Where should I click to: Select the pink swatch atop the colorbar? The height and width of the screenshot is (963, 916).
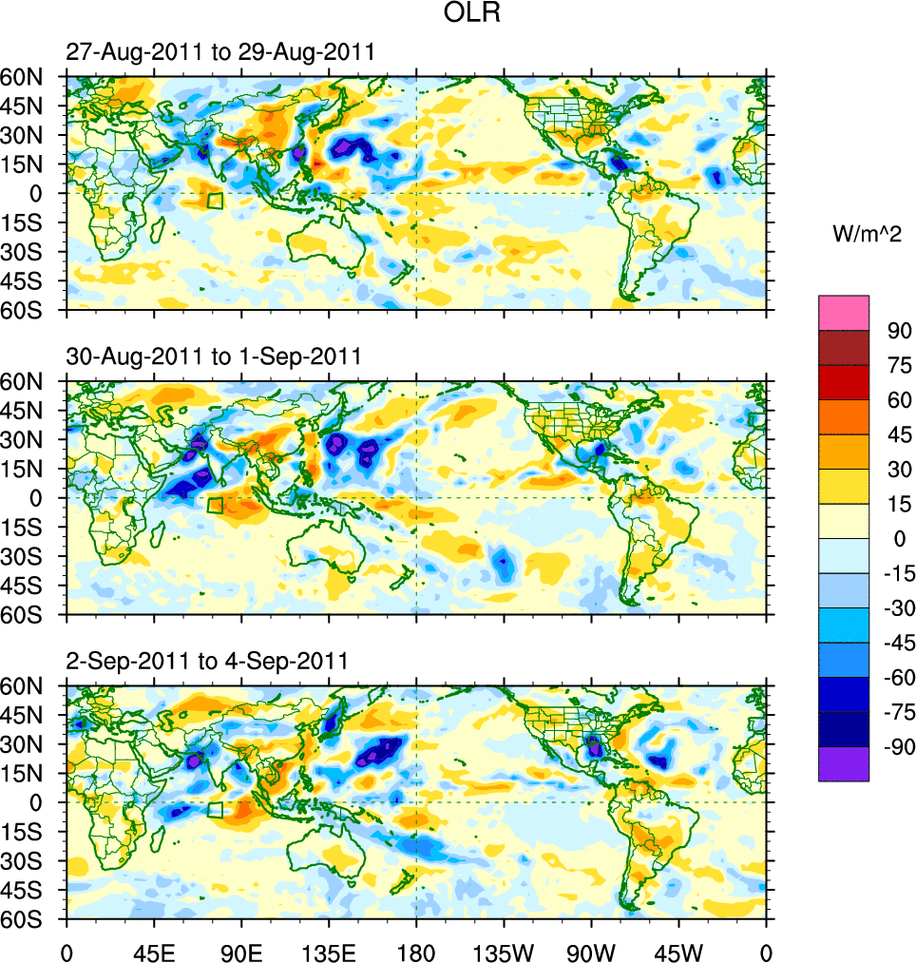tap(844, 313)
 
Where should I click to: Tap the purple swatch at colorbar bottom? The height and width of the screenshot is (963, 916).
tap(844, 764)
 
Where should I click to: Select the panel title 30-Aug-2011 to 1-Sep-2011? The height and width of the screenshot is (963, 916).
tap(214, 357)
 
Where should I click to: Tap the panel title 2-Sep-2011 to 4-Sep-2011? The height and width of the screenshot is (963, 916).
tap(207, 660)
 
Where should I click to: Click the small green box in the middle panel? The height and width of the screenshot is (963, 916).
tap(215, 506)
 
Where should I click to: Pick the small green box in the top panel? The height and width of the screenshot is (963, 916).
tap(215, 201)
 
